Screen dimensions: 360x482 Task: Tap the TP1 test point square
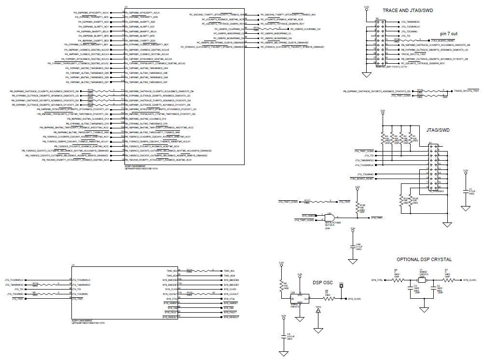(341, 286)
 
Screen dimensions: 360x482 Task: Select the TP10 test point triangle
(318, 312)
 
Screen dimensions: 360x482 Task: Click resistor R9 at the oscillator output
(328, 299)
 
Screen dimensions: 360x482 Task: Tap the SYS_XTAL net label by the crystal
(377, 279)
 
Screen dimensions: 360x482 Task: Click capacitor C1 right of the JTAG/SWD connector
(465, 192)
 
